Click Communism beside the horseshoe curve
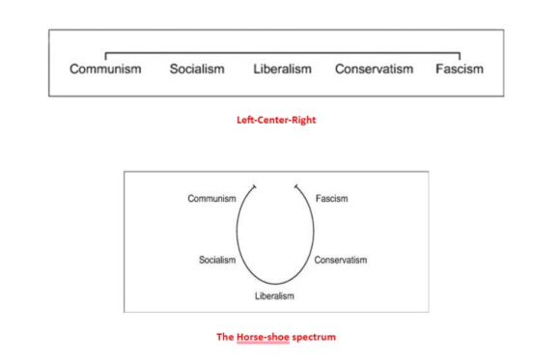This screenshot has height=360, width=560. (x=212, y=199)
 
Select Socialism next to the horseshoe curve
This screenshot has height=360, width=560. (x=217, y=260)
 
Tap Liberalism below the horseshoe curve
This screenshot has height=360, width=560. (x=274, y=295)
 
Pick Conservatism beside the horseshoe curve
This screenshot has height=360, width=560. (x=341, y=260)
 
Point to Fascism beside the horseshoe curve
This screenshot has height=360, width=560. (x=332, y=199)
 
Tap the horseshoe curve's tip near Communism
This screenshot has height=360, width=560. (x=254, y=185)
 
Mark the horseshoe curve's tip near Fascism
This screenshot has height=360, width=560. (x=296, y=185)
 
